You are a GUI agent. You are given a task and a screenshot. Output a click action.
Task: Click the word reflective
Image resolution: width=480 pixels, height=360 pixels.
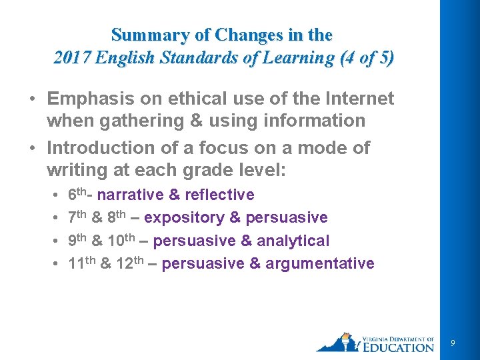[219, 195]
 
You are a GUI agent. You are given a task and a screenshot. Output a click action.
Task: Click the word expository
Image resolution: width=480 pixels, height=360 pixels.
[184, 218]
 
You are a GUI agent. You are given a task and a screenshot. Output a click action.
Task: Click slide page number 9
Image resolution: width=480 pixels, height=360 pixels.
[453, 343]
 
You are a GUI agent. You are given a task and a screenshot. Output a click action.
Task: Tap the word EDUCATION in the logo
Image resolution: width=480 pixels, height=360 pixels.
[399, 347]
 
